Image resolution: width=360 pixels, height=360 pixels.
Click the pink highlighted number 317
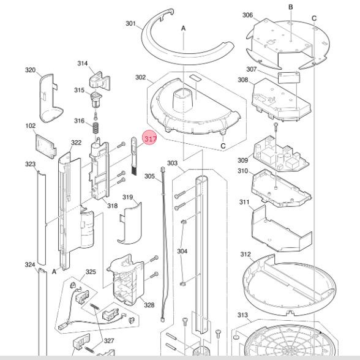pos(149,138)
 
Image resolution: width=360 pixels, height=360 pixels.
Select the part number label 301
pos(130,24)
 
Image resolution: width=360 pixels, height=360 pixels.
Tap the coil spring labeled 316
pos(96,128)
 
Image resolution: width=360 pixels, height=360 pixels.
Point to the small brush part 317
pos(134,156)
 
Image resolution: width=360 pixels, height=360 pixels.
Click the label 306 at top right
pos(247,15)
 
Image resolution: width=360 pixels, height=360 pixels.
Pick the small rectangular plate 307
pos(289,77)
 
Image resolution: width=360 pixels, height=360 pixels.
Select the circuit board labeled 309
pos(281,154)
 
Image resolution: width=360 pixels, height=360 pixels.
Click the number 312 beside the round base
pos(246,255)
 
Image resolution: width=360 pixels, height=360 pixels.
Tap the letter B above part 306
pos(290,7)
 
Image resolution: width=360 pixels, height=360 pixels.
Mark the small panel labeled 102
pos(46,146)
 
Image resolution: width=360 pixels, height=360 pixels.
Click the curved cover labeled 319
pos(130,223)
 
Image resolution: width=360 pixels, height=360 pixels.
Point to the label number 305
pos(149,176)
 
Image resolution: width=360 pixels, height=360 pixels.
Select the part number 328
pos(149,305)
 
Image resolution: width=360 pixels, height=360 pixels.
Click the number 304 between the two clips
pos(182,251)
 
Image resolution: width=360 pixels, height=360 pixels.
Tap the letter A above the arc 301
pos(183,28)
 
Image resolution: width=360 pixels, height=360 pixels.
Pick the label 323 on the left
pos(31,164)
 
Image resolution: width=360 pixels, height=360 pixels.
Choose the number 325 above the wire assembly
pos(91,272)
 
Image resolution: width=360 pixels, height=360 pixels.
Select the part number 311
pos(244,202)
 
